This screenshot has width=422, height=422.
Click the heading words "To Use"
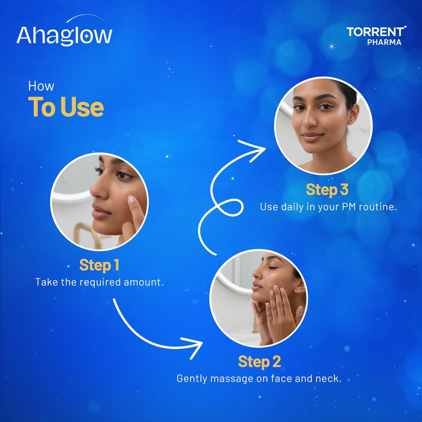(x=66, y=107)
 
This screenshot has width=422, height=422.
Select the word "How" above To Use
(x=41, y=86)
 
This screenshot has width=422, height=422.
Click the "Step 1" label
(x=99, y=265)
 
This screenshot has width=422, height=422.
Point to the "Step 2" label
(x=259, y=362)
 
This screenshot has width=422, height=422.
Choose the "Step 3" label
(x=327, y=189)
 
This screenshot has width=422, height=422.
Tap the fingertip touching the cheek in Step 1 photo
(x=131, y=199)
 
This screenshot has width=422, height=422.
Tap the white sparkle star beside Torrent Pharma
(x=332, y=46)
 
